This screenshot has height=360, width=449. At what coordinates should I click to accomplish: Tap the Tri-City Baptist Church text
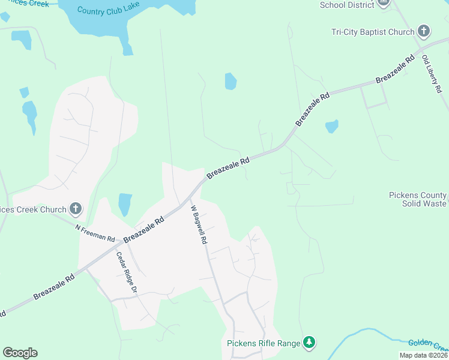click(373, 32)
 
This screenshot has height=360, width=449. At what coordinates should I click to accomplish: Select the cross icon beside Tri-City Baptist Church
click(424, 31)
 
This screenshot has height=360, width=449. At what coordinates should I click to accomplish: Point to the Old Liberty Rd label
click(432, 74)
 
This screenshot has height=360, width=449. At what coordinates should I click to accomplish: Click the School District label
click(347, 5)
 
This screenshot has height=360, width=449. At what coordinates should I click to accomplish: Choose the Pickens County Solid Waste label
click(418, 199)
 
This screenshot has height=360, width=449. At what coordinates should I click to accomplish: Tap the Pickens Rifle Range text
click(263, 343)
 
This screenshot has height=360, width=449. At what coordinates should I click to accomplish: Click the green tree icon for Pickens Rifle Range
click(309, 343)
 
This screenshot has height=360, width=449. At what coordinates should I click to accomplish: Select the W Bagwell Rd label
click(199, 225)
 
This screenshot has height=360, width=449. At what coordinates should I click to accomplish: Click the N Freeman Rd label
click(95, 233)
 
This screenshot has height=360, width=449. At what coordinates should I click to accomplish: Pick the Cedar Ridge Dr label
click(127, 272)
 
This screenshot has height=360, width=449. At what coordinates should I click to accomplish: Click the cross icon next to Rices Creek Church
click(76, 209)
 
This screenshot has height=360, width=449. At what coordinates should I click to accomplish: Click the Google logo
click(20, 353)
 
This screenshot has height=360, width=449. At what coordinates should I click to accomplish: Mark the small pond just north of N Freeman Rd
click(125, 204)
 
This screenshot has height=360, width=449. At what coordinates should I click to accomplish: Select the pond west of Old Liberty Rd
click(331, 126)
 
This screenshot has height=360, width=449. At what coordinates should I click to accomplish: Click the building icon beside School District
click(384, 4)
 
